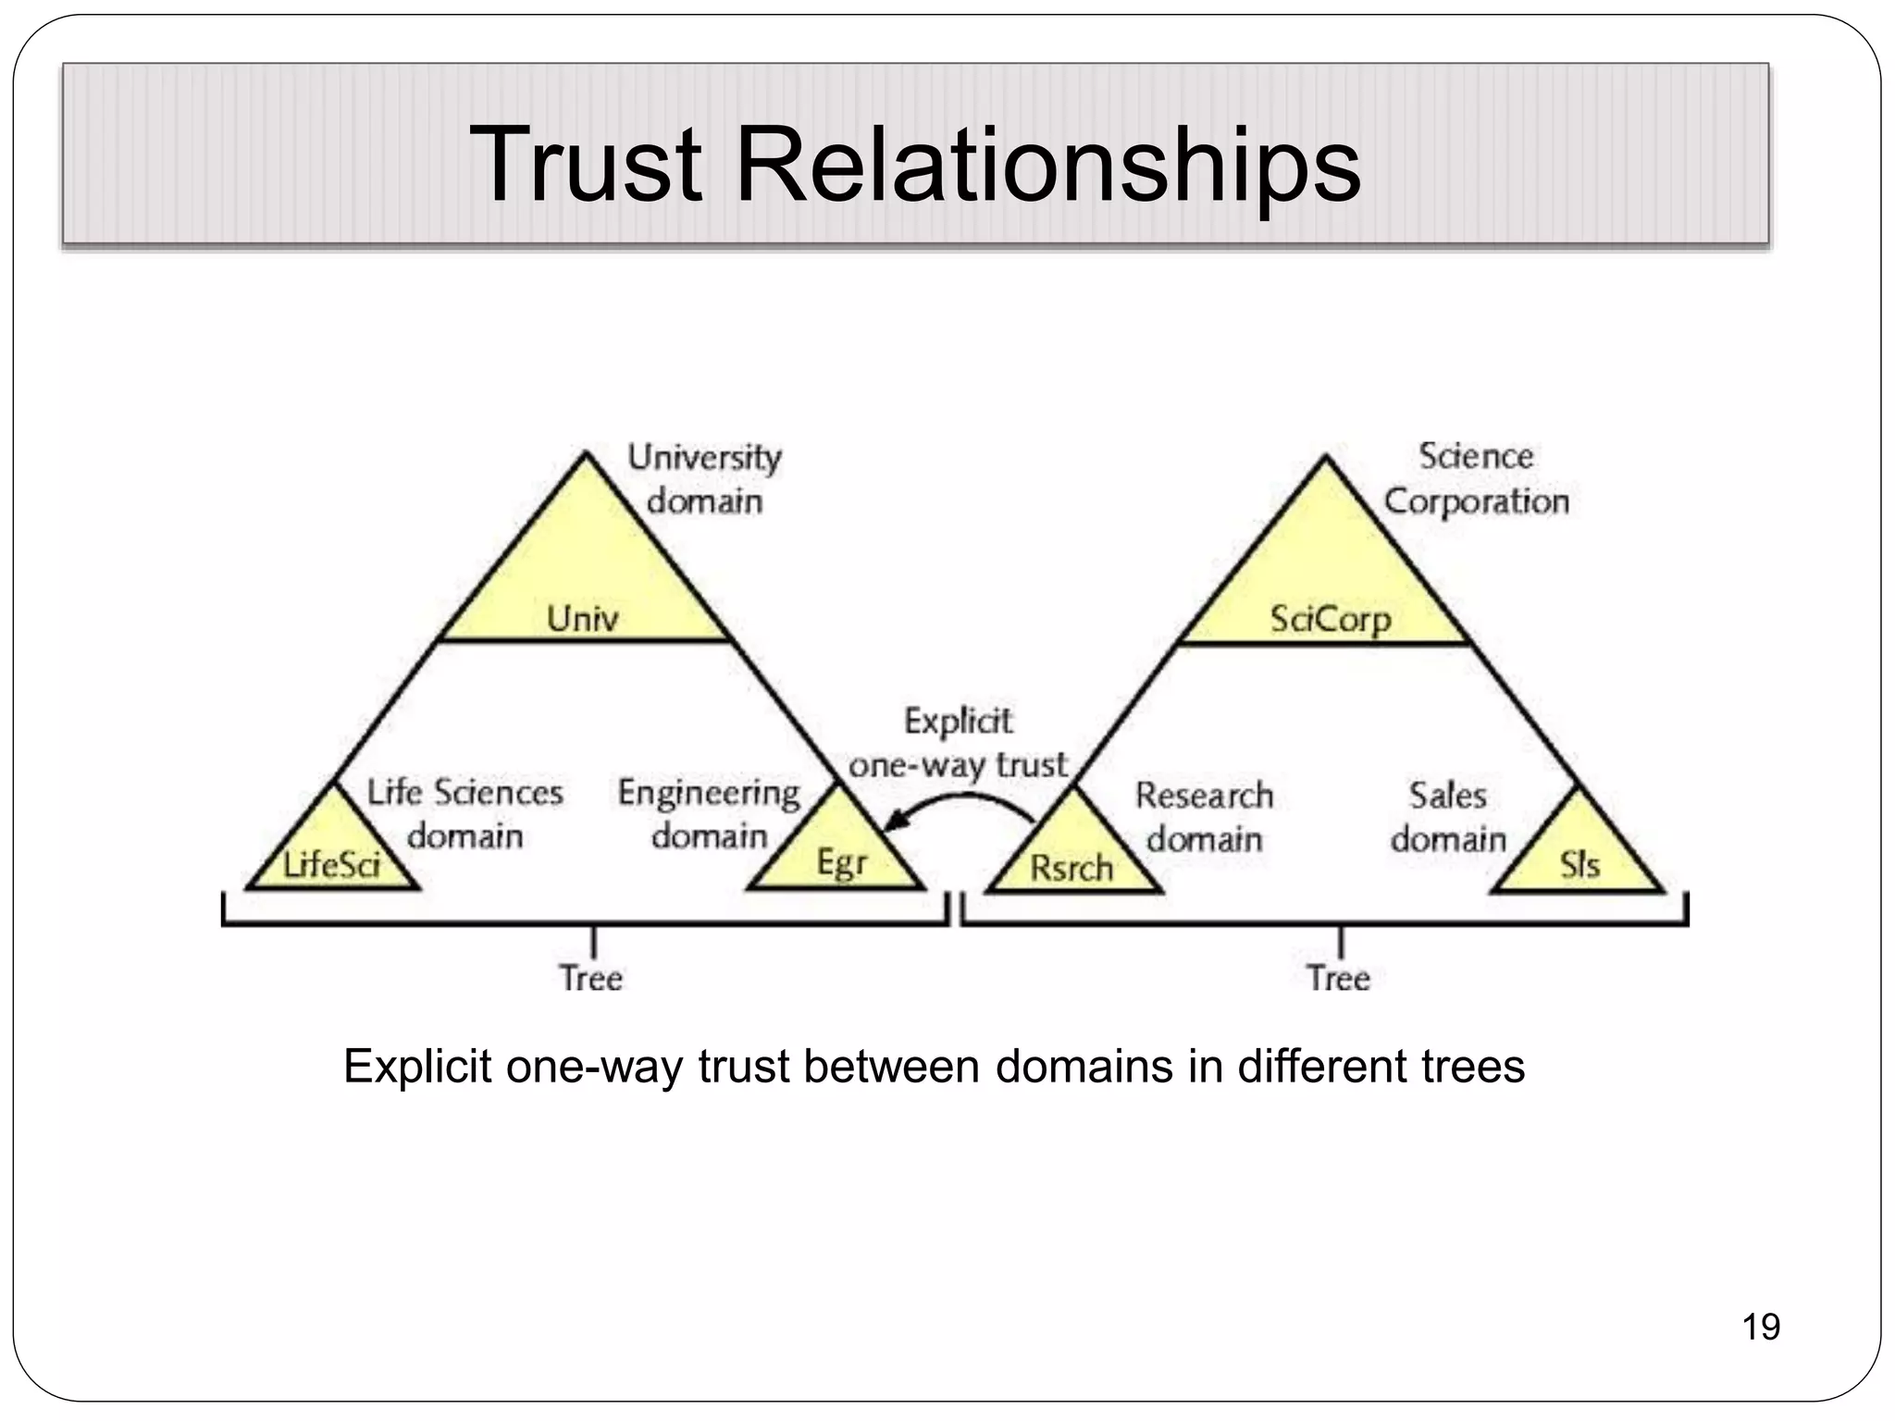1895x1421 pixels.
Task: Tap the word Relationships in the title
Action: [1047, 167]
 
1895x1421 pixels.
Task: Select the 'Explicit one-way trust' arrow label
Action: [958, 743]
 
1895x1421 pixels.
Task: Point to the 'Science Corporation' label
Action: [1476, 479]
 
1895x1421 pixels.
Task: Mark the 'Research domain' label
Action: [1204, 817]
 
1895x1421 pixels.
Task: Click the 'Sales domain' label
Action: [1448, 817]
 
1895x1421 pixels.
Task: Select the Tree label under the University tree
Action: [591, 978]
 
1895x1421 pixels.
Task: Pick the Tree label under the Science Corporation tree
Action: [1338, 978]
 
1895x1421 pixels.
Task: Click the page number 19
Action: [1760, 1327]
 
